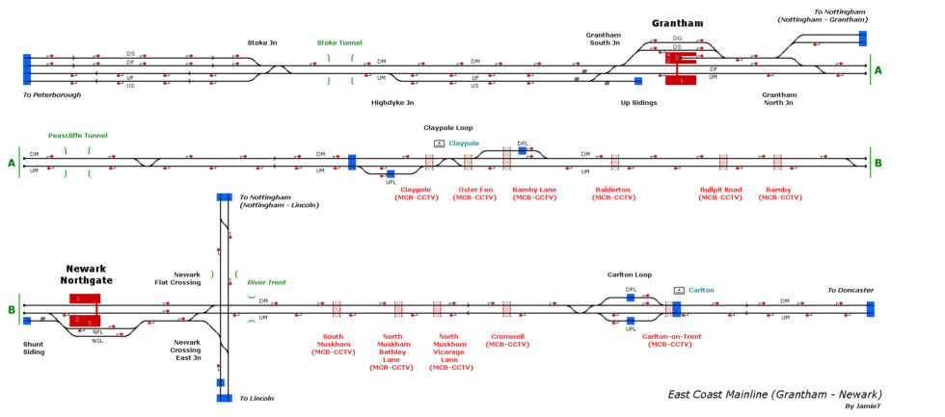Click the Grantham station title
(x=677, y=23)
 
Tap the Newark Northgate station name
(x=87, y=274)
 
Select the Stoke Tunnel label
(x=339, y=43)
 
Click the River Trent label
(x=268, y=282)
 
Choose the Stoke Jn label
(x=262, y=43)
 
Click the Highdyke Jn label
(x=392, y=102)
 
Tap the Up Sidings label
(x=637, y=102)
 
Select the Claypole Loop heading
(x=448, y=127)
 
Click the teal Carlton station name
(x=701, y=290)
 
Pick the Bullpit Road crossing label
(x=720, y=194)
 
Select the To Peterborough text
(x=52, y=95)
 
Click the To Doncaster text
(x=850, y=290)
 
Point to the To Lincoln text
(x=256, y=398)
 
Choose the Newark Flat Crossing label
(x=179, y=278)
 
